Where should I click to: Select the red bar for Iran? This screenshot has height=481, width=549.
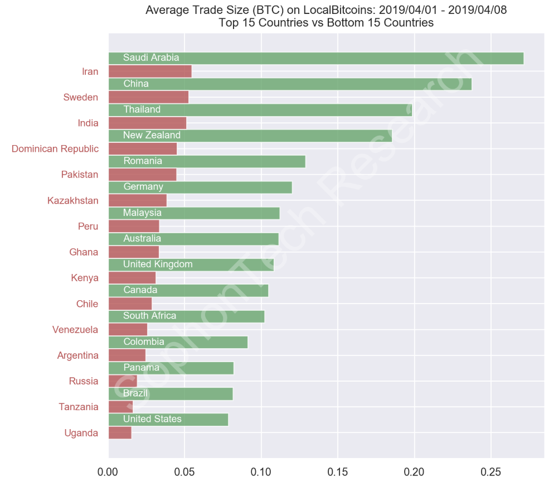click(149, 71)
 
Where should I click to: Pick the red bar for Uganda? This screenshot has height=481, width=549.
click(119, 433)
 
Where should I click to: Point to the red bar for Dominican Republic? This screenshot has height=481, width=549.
click(142, 149)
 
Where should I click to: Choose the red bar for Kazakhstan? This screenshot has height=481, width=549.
click(137, 201)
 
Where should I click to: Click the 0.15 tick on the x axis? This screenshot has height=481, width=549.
click(337, 471)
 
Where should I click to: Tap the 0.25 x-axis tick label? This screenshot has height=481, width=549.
click(490, 471)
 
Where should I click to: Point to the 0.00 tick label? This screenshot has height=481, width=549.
click(108, 471)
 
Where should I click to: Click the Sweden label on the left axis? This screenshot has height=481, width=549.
click(80, 98)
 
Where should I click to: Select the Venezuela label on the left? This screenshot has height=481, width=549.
click(75, 330)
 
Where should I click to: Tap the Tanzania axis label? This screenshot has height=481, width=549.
click(78, 407)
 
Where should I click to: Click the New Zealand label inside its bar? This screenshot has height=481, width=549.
click(152, 135)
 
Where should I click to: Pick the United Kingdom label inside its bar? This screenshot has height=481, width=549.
click(158, 264)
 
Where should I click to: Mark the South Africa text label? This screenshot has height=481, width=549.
click(149, 316)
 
